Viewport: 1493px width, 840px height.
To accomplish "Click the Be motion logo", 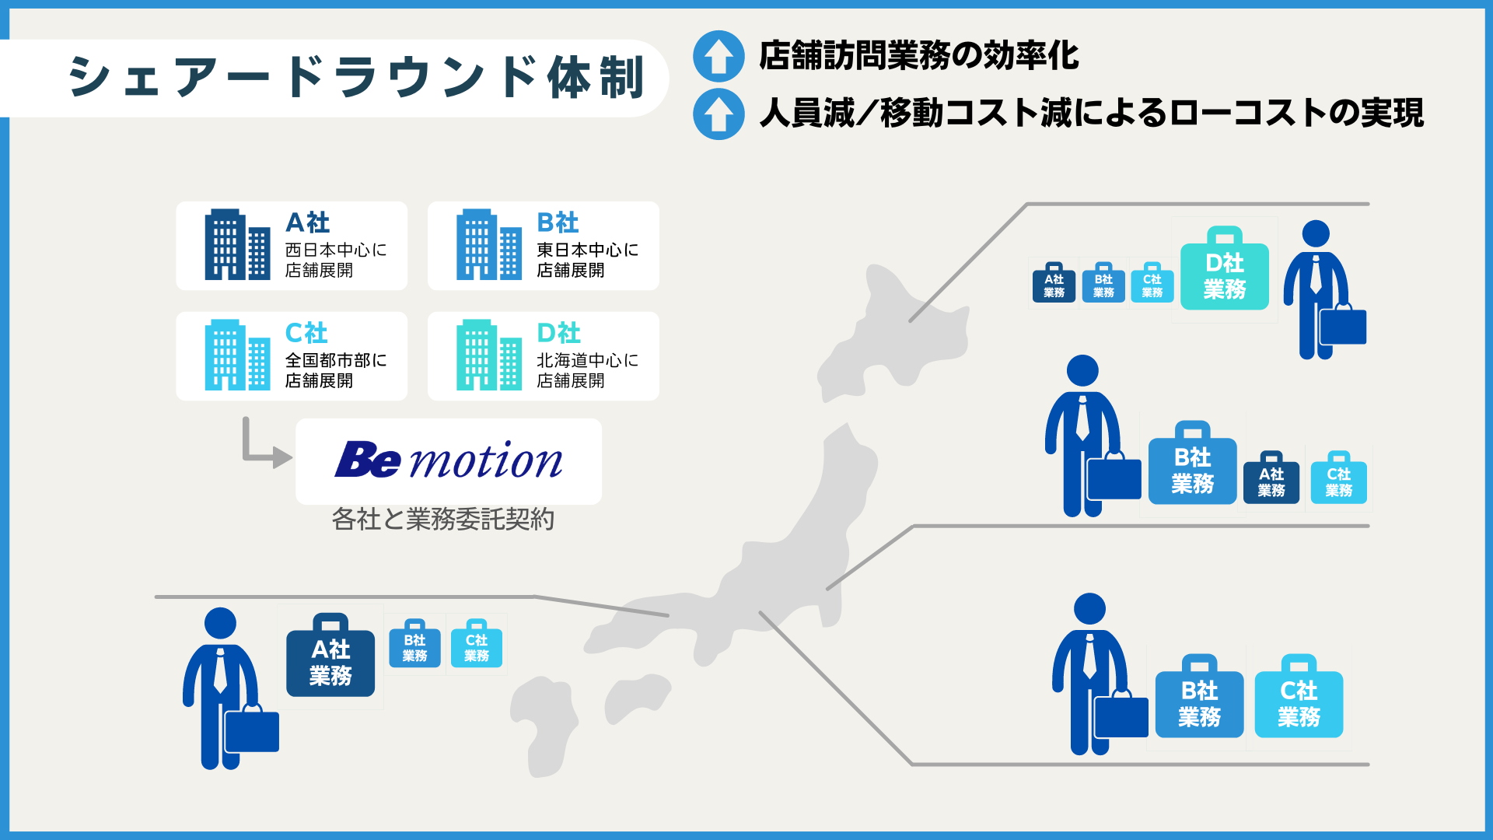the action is coord(449,460).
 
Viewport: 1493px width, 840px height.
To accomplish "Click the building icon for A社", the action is coord(237,245).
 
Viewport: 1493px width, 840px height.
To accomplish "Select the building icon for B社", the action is coord(488,245).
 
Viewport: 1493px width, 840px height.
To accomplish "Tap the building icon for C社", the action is coord(237,355).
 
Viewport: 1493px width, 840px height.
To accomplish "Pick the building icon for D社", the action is coord(488,355).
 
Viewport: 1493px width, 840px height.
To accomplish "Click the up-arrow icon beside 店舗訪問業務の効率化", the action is coord(719,56).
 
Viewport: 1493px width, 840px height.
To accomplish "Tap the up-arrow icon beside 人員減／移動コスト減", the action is coord(719,114).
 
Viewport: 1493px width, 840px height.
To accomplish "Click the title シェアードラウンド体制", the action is coord(356,78).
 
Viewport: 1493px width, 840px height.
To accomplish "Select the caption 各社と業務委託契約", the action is coord(442,519).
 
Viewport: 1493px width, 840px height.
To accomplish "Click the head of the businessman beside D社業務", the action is coord(1316,233).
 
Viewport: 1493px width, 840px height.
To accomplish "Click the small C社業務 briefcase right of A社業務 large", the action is coord(476,646).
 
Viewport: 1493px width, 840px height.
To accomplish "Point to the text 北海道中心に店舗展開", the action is coord(587,370).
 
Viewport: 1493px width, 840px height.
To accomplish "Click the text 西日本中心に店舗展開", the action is coord(335,260).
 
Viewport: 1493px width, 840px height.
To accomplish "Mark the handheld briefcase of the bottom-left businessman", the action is coord(251,729).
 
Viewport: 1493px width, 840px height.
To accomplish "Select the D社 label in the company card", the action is coord(558,333).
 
